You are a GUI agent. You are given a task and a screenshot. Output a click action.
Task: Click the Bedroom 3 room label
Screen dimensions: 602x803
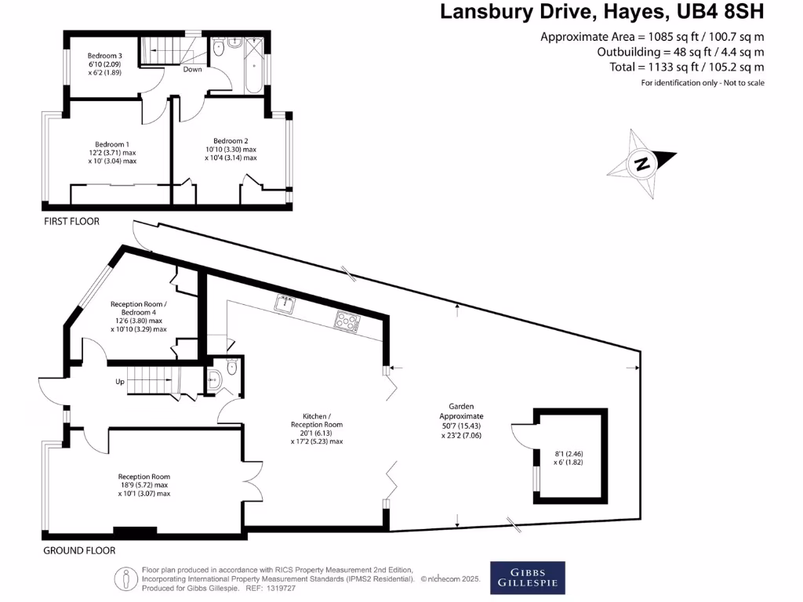[104, 56]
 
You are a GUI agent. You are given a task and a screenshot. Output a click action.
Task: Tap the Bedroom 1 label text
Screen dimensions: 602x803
[111, 144]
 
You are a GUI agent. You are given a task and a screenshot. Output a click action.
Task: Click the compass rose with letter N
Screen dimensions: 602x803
[642, 165]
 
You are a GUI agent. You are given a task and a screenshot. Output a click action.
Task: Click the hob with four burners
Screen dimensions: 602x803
[347, 319]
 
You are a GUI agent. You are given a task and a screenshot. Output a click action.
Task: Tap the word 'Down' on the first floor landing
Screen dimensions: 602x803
[192, 70]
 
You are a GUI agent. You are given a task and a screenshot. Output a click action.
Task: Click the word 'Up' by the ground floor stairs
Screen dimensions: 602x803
[120, 382]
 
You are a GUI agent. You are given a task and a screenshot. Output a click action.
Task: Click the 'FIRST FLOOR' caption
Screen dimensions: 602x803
[71, 221]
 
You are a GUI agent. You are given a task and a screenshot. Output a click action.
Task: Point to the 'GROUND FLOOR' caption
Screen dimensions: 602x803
[79, 550]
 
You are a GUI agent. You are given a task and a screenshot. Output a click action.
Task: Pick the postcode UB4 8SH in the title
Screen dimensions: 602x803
[719, 12]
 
